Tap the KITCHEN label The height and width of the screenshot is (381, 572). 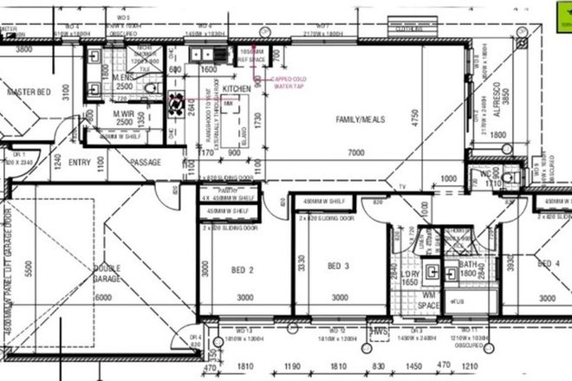(237, 89)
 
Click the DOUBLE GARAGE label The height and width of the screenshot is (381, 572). (107, 280)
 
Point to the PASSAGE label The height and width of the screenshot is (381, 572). (146, 162)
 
